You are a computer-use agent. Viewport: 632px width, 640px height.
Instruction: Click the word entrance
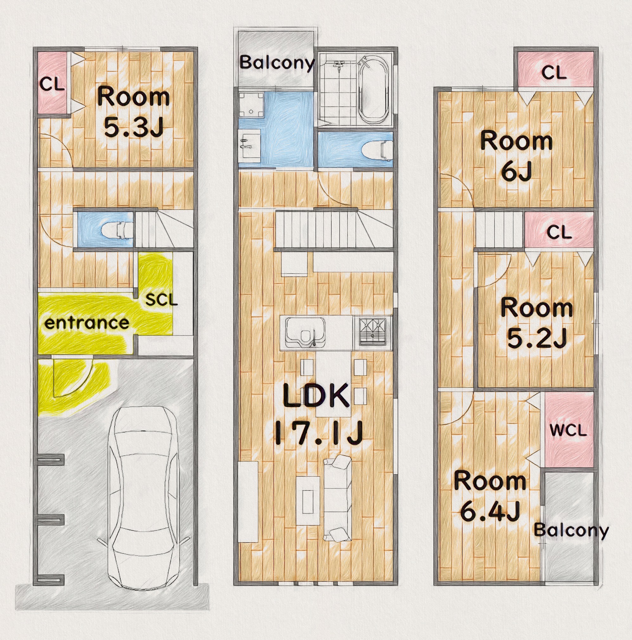(x=87, y=323)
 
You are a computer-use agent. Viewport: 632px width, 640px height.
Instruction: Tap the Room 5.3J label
(x=134, y=112)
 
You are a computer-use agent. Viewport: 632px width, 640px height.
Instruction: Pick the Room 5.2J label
(x=537, y=323)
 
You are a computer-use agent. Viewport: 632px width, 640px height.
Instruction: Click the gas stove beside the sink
(x=373, y=332)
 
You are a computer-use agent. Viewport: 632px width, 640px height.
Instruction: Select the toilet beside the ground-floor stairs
(x=118, y=230)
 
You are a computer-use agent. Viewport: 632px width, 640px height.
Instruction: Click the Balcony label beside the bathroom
(x=276, y=62)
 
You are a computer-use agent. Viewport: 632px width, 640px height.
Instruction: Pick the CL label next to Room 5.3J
(x=52, y=85)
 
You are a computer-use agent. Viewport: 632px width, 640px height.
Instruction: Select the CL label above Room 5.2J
(x=559, y=232)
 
